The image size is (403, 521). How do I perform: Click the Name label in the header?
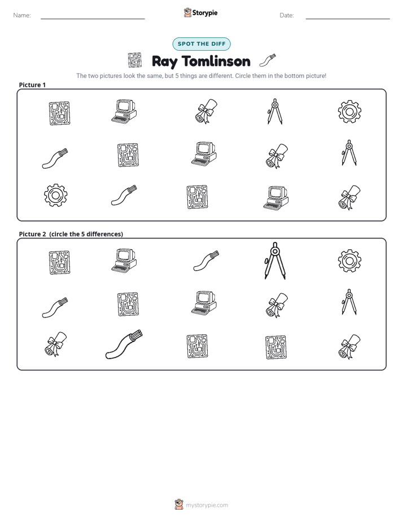tap(22, 15)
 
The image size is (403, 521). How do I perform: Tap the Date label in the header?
tap(287, 15)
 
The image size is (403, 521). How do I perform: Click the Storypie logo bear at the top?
tap(187, 12)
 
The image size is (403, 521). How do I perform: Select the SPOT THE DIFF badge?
tap(201, 44)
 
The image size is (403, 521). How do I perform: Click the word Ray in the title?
tap(164, 62)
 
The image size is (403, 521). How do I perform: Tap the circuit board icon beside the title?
tap(135, 60)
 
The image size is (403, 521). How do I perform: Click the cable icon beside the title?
tap(268, 60)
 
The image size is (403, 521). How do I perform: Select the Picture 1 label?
tap(32, 85)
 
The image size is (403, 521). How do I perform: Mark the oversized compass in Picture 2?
tap(275, 261)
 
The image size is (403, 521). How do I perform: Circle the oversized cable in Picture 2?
tap(124, 344)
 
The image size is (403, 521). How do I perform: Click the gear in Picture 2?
tap(349, 261)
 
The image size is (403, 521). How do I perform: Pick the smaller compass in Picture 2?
tap(349, 302)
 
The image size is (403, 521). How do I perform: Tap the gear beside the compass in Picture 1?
tap(349, 112)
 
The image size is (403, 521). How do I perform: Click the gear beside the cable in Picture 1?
tap(56, 195)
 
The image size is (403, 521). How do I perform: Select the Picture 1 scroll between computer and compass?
tap(206, 111)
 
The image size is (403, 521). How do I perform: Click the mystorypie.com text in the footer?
tap(207, 505)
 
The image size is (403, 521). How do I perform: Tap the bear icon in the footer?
tap(179, 505)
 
